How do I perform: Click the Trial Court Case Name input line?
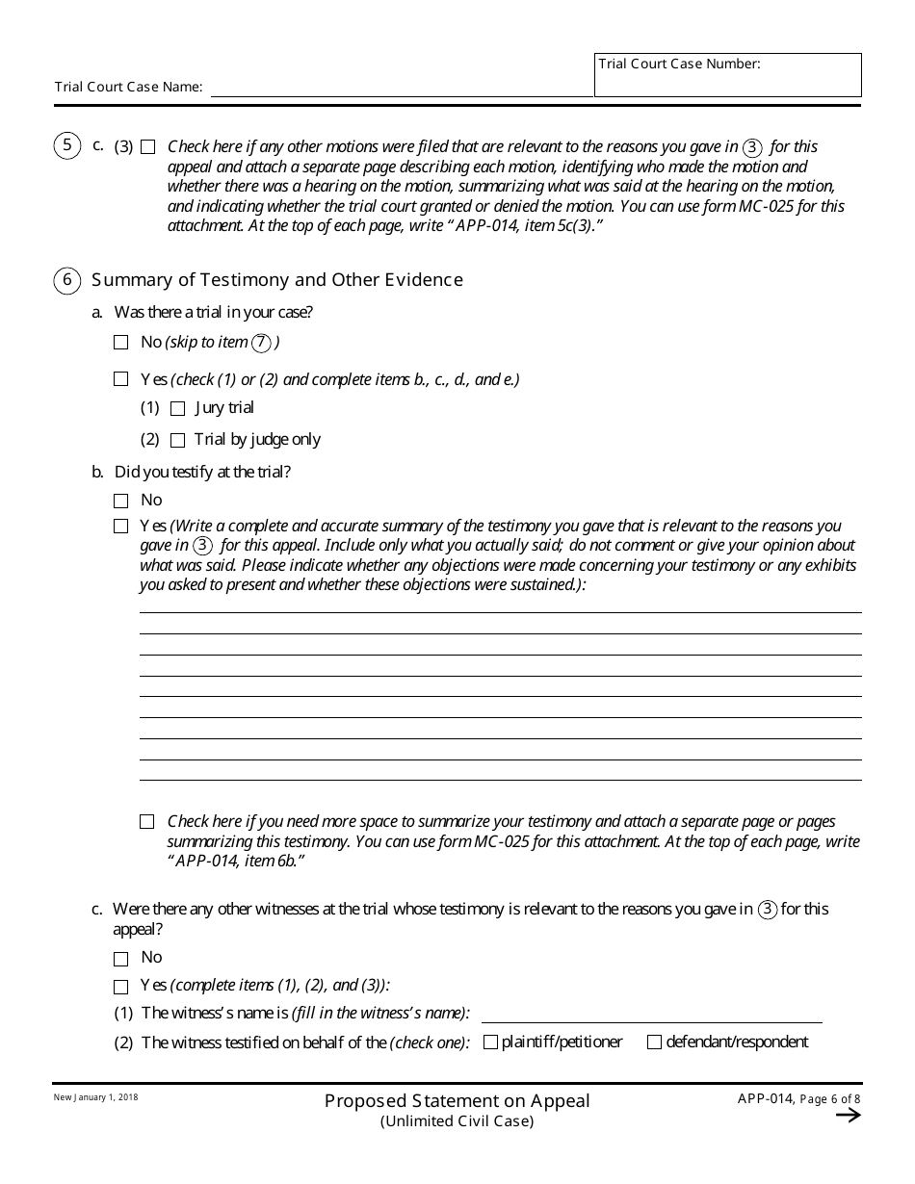point(401,88)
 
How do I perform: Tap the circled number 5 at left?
point(66,146)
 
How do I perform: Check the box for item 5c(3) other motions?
point(147,147)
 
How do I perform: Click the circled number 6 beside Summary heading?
point(66,280)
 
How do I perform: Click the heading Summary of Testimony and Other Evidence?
point(277,280)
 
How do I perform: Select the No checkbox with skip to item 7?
point(120,342)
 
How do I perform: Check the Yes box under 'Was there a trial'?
point(120,379)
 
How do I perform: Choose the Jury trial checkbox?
point(177,408)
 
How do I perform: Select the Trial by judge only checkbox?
point(177,440)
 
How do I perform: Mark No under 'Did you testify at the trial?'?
point(120,501)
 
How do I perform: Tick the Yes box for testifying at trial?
point(120,527)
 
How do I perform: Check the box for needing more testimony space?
point(146,822)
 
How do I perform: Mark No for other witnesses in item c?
point(120,959)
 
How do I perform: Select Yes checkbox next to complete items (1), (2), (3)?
point(120,987)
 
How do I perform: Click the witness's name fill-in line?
point(651,1015)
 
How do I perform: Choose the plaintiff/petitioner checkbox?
point(490,1042)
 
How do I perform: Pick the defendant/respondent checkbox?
point(655,1042)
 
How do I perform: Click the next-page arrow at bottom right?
point(848,1115)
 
